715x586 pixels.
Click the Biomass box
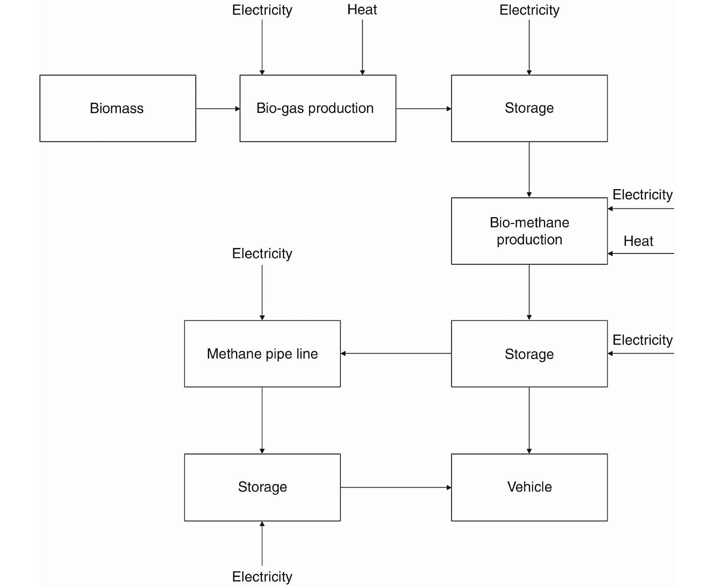click(x=118, y=108)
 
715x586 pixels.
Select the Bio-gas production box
click(x=318, y=108)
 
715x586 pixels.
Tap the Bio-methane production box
click(x=529, y=231)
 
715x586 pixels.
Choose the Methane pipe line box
click(x=262, y=354)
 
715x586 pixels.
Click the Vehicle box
click(x=529, y=487)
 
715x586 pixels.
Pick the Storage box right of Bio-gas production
click(x=529, y=108)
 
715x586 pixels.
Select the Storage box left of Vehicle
click(x=262, y=487)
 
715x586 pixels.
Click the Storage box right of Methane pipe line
click(x=529, y=354)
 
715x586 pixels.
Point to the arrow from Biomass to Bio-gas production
click(x=218, y=109)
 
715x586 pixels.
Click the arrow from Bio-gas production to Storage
click(x=423, y=109)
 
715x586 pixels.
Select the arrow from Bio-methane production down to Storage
click(x=529, y=292)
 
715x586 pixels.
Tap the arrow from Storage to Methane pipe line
click(x=396, y=353)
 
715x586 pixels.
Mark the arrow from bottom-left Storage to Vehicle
click(x=396, y=487)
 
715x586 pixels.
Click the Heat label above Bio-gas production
click(x=362, y=10)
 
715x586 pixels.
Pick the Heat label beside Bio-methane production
click(x=638, y=241)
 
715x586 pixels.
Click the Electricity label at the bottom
click(x=262, y=577)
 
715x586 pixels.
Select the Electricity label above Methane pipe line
click(x=262, y=253)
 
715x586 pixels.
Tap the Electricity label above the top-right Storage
click(x=529, y=10)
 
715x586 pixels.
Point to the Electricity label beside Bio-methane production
click(x=642, y=195)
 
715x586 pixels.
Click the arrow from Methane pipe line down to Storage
click(x=262, y=420)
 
